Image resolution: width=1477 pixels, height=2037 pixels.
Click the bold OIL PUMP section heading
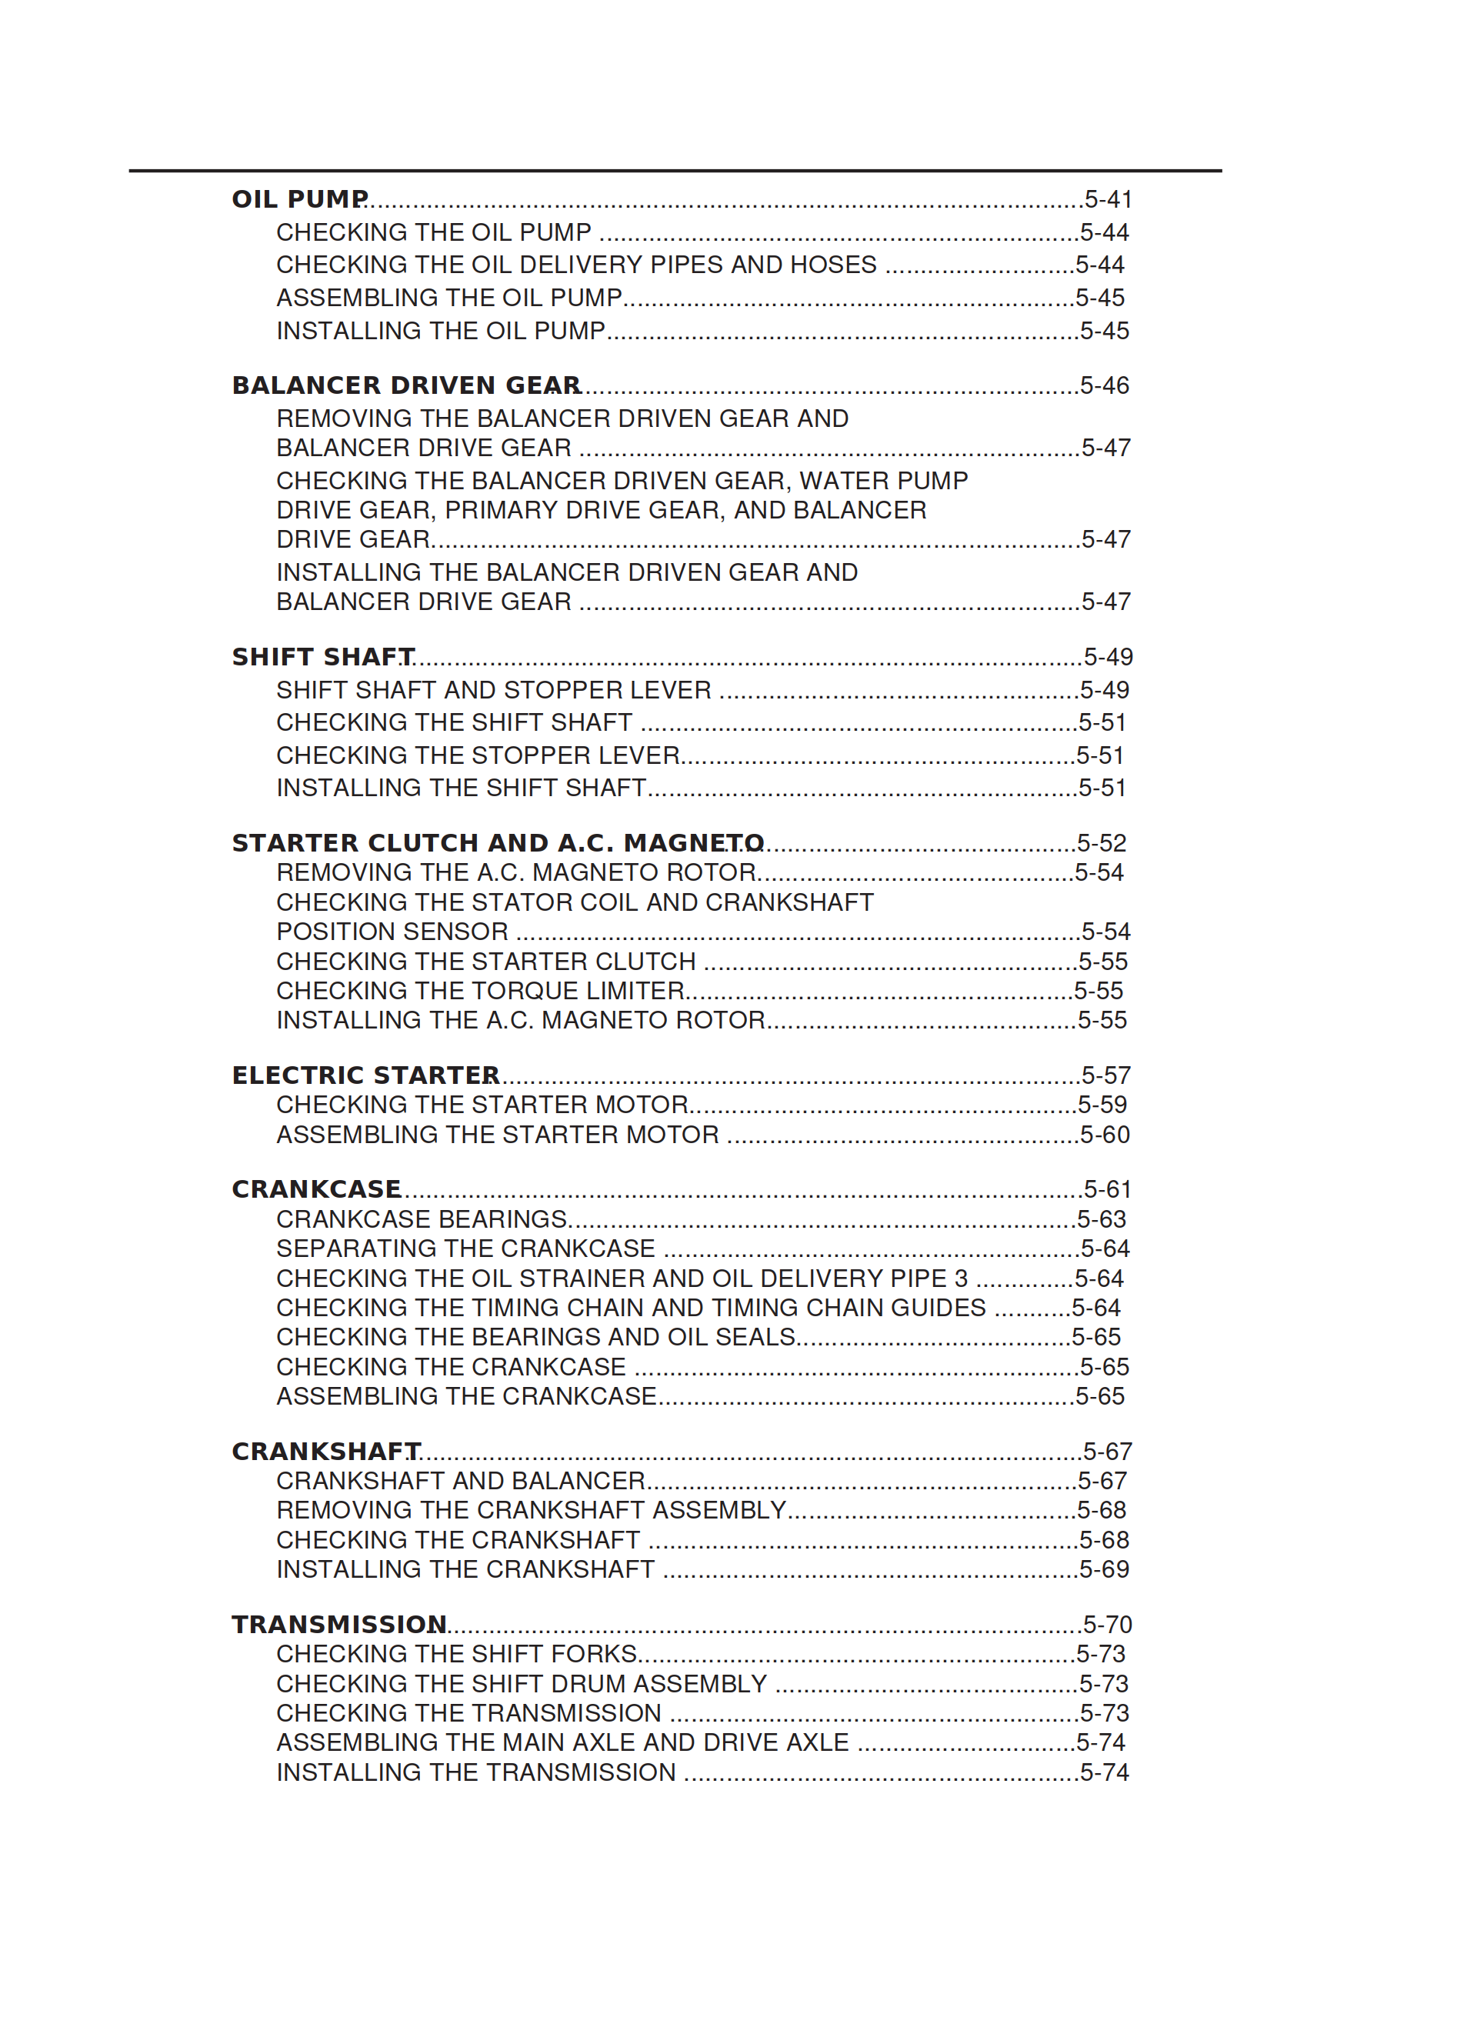(x=299, y=198)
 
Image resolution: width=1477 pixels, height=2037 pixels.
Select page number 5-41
(x=1107, y=198)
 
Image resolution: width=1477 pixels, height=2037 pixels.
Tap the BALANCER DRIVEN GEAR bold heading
(x=405, y=385)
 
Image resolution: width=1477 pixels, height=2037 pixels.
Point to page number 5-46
(x=1104, y=385)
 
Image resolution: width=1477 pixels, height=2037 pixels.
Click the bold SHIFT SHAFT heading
(x=322, y=656)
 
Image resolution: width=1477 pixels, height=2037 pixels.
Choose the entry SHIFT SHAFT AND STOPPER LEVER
(x=493, y=690)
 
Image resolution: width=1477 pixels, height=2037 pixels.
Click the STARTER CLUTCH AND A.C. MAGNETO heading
(x=497, y=842)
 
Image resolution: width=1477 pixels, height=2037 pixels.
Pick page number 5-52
(x=1102, y=842)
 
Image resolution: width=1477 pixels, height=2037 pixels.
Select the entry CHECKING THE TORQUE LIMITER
(x=480, y=991)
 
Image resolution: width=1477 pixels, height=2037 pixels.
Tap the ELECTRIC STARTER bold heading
(x=365, y=1075)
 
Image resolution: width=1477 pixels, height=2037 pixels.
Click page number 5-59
(x=1102, y=1105)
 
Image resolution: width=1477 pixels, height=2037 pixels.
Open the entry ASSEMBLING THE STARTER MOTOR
(x=497, y=1135)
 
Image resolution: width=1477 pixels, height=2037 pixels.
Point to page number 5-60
(x=1104, y=1135)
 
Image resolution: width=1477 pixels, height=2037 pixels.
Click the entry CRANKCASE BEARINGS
(x=422, y=1219)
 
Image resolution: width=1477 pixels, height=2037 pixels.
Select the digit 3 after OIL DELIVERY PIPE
(x=960, y=1278)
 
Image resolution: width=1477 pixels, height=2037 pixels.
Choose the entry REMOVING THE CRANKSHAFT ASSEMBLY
(x=531, y=1510)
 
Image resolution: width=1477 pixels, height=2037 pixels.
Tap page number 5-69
(x=1104, y=1569)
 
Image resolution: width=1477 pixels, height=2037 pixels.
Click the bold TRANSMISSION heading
(x=338, y=1624)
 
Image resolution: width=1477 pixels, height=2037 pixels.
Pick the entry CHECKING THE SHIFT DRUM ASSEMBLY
(x=521, y=1683)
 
